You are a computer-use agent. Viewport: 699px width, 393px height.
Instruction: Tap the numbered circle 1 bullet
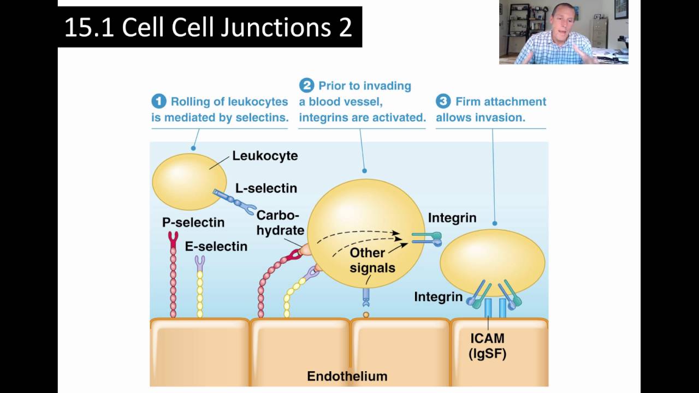tap(158, 102)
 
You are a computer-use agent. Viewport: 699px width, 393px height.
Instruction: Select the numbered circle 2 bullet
tap(306, 86)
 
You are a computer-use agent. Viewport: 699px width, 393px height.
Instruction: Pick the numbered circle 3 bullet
tap(443, 102)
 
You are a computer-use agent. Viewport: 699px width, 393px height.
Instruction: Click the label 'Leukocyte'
tap(265, 156)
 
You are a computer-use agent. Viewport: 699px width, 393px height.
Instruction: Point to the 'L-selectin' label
tap(266, 188)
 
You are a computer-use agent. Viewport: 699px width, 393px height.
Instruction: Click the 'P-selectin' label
tap(193, 223)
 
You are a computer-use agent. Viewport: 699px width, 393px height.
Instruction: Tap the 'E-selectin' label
tap(216, 247)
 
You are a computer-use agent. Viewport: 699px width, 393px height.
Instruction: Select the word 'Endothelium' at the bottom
tap(347, 376)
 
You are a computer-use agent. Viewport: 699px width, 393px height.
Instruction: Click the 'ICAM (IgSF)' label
tap(487, 346)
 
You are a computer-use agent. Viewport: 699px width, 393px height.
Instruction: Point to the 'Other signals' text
tap(372, 260)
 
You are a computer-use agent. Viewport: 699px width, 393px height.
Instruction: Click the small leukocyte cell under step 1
tap(188, 181)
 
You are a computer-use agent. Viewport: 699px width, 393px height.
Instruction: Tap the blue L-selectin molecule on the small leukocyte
tap(234, 200)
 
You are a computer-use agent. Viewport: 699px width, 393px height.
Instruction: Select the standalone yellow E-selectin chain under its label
tap(200, 287)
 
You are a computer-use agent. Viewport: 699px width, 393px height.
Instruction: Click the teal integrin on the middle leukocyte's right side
tap(427, 236)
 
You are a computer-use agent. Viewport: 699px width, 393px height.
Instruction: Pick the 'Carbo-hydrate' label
tap(280, 223)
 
